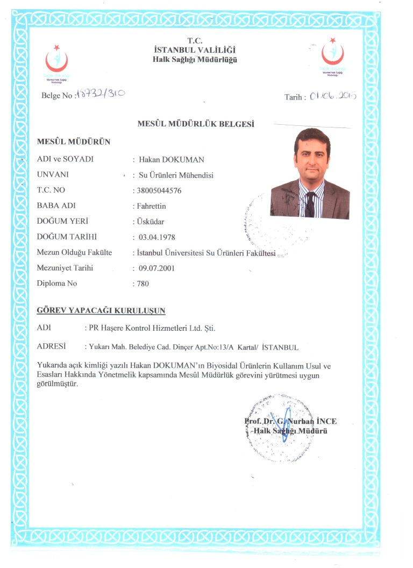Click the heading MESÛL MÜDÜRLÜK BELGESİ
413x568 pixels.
[x=196, y=124]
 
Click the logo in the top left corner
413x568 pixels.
[x=56, y=60]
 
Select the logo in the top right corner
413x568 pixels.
[x=332, y=55]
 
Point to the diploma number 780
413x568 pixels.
[x=142, y=284]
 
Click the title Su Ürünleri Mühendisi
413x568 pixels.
[x=176, y=175]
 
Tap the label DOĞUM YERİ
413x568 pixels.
[x=62, y=221]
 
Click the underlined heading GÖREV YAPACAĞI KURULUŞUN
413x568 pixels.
[x=101, y=310]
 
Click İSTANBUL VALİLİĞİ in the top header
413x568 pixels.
[x=194, y=50]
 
